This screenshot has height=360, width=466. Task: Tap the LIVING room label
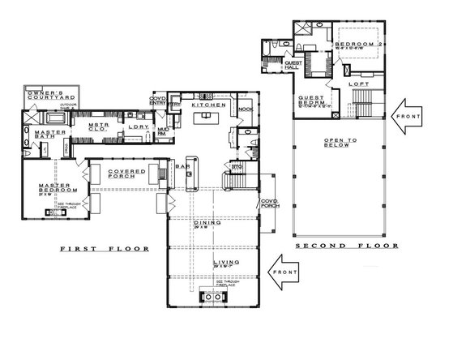click(224, 263)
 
